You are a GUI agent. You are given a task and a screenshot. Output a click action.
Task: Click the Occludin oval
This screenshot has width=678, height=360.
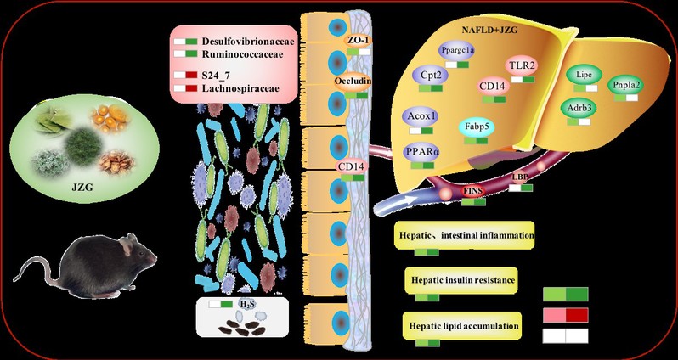(x=356, y=82)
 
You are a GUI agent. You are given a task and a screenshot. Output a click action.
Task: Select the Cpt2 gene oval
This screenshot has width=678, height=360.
(x=429, y=75)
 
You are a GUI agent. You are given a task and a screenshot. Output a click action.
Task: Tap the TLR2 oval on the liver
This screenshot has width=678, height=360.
(x=519, y=65)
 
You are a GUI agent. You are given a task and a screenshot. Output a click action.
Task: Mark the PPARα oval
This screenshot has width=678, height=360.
(x=422, y=153)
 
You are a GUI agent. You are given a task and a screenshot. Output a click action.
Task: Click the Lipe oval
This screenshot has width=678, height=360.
(x=584, y=75)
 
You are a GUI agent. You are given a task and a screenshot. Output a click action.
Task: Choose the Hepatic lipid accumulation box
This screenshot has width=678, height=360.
(x=460, y=324)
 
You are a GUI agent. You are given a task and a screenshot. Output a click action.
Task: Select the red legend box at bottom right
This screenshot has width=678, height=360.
(x=565, y=315)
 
